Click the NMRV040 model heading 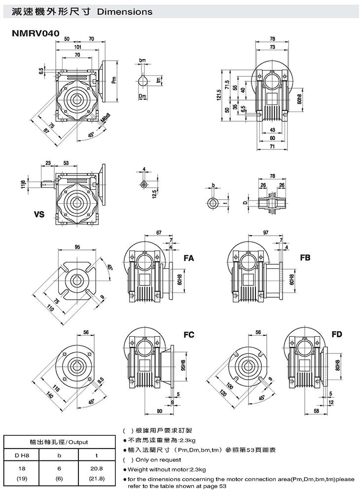pos(36,33)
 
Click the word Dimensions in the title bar pos(125,12)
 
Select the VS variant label pos(39,214)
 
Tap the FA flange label pos(189,258)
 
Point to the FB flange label pos(305,258)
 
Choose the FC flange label pos(189,335)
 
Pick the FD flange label pos(337,334)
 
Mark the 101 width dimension pos(77,47)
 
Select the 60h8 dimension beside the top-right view pos(299,99)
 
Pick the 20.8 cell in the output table pos(97,468)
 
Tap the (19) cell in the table pos(22,479)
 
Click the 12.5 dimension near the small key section pos(154,193)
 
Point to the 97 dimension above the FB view pos(265,233)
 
